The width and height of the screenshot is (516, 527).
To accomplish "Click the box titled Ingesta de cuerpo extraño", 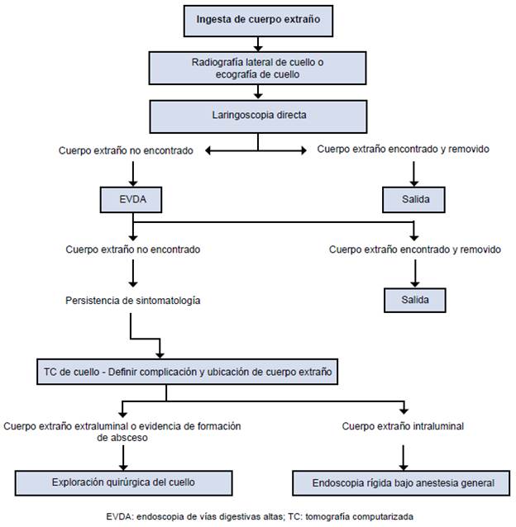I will (x=257, y=19).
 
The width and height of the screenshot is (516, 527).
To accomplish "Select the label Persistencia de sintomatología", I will (x=131, y=301).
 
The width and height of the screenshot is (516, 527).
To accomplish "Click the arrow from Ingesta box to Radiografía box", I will (x=257, y=43).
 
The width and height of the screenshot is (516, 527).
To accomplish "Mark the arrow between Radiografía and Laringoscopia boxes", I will (x=257, y=92).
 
